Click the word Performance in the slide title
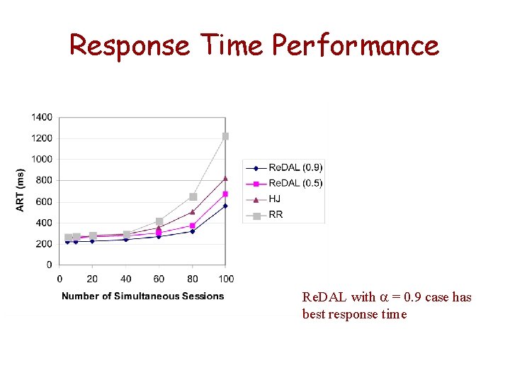click(x=356, y=46)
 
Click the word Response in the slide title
click(x=129, y=46)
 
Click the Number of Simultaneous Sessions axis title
click(x=142, y=296)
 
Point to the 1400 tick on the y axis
click(x=42, y=117)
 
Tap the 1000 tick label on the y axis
click(x=42, y=159)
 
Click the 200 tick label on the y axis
click(x=44, y=244)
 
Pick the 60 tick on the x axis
click(x=159, y=279)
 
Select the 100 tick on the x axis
click(x=226, y=279)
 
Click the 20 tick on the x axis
click(x=92, y=279)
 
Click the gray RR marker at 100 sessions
click(x=225, y=136)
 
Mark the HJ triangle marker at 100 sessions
click(x=225, y=178)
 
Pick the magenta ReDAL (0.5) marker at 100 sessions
click(x=225, y=194)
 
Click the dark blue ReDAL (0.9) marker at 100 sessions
click(x=225, y=206)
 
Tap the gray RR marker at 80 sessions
click(x=193, y=196)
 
